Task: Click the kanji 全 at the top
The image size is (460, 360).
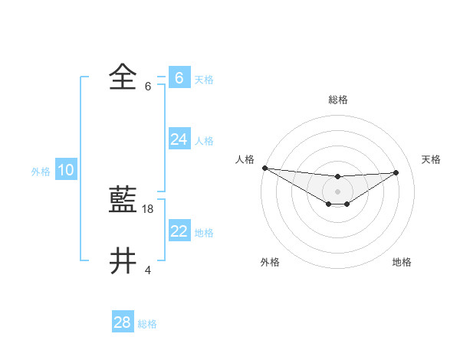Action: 123,77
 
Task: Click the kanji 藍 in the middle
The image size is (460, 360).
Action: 123,201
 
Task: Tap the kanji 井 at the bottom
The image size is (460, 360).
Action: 123,260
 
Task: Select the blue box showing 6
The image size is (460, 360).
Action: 179,78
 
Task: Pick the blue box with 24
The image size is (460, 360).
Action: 179,139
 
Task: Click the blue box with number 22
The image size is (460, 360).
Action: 179,231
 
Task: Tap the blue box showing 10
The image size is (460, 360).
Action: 66,170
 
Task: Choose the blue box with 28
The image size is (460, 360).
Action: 123,322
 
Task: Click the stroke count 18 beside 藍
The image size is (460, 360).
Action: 149,208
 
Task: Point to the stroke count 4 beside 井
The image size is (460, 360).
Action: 148,270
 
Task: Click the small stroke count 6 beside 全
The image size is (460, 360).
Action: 148,86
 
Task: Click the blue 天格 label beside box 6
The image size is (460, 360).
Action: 204,79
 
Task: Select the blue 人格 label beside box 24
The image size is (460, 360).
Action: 204,140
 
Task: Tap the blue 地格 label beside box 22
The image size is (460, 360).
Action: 204,232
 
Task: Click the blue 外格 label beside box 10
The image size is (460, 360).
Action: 41,172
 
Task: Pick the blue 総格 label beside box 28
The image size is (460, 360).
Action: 147,324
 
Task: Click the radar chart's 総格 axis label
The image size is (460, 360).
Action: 338,100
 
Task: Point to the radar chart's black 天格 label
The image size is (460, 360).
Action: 431,159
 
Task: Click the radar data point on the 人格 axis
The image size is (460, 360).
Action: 264,168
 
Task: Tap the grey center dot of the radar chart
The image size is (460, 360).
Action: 338,191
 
